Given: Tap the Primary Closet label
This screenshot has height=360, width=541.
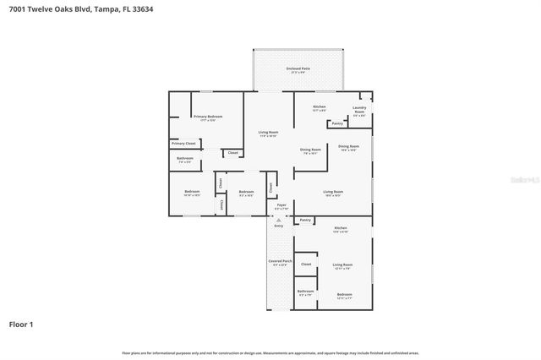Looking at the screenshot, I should coord(184,144).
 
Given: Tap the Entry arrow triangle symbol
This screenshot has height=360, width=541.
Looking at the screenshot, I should coord(278,220).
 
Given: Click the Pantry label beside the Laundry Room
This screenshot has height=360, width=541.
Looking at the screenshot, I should coord(337,123).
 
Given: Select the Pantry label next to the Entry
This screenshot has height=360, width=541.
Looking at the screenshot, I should coord(306,220).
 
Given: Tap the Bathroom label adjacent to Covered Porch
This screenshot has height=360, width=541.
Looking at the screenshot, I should coord(305,292).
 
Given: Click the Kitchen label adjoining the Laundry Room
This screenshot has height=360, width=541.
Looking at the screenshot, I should coord(319,108).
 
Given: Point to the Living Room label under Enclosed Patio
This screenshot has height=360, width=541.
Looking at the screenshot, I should coord(268,133).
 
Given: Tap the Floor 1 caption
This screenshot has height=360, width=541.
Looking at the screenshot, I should coord(21,324).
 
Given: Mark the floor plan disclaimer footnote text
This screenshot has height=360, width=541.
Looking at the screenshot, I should coord(270,352).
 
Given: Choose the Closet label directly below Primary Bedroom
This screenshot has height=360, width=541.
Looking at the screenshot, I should coord(232,153).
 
